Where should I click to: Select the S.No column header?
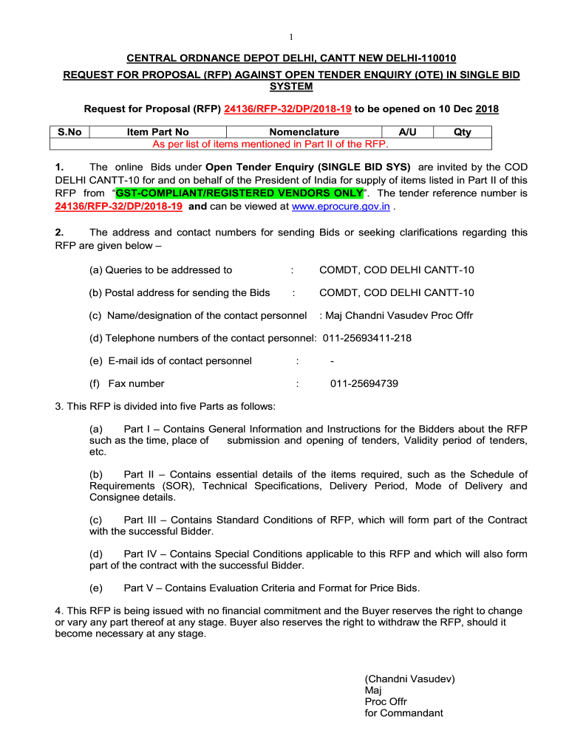pos(69,132)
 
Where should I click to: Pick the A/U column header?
pos(407,132)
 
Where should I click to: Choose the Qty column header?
pos(463,132)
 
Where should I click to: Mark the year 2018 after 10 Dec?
pos(487,109)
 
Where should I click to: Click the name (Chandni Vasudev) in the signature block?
pos(409,678)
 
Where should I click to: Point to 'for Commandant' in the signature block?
pos(403,713)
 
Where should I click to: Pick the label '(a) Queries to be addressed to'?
pos(160,270)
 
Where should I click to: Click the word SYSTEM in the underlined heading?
pos(291,86)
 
